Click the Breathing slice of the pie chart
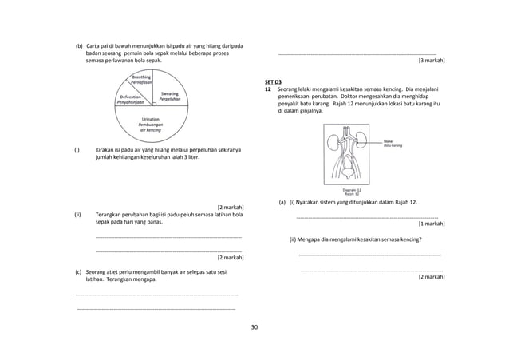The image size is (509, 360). click(x=141, y=80)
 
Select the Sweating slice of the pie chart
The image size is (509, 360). click(x=169, y=96)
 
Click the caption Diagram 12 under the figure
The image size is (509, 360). click(x=351, y=189)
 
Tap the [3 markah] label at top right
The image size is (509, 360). click(x=431, y=60)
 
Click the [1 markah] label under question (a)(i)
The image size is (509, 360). click(x=431, y=224)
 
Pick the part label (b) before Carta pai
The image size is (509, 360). click(x=79, y=46)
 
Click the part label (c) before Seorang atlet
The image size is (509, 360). click(x=78, y=273)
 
